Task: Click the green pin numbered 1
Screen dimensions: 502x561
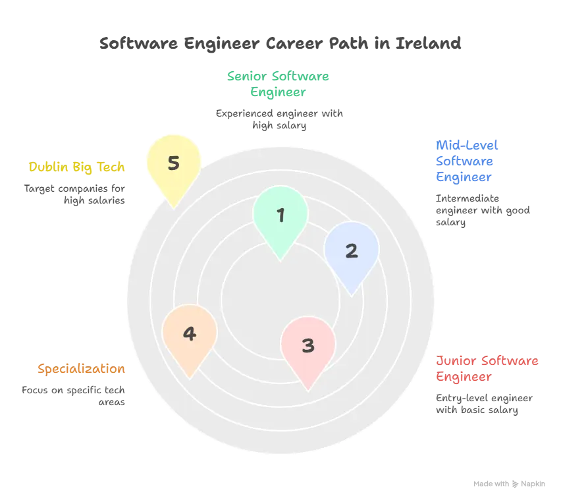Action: tap(280, 215)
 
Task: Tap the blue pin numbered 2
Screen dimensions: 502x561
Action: tap(352, 250)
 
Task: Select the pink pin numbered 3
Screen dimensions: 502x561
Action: tap(308, 345)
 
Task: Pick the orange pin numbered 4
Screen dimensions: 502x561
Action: tap(190, 334)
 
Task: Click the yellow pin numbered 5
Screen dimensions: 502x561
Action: tap(173, 163)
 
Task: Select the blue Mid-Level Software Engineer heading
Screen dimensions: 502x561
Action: tap(466, 161)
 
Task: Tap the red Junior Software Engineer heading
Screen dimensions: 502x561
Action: tap(487, 369)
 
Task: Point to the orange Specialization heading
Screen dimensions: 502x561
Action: tap(82, 368)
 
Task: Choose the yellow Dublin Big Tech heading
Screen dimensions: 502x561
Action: tap(76, 167)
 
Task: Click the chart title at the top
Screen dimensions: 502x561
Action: tap(280, 44)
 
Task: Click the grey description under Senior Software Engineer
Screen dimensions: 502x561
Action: tap(282, 119)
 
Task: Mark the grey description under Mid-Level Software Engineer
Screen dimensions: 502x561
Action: tap(481, 210)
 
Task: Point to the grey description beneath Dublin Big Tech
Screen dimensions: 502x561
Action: tap(74, 194)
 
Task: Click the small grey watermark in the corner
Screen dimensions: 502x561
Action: tap(510, 484)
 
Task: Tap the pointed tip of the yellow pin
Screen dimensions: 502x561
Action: tap(174, 208)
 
